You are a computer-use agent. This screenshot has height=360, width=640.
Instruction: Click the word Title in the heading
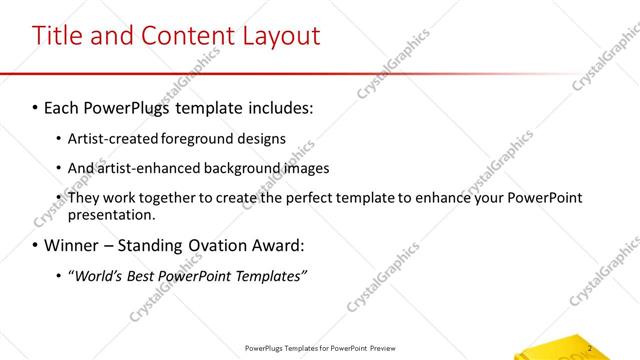tap(62, 36)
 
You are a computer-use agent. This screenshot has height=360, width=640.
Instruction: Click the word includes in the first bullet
tap(281, 106)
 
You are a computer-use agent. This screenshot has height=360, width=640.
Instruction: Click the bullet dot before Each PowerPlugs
tap(35, 106)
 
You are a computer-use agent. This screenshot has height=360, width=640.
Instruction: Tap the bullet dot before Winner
tap(35, 245)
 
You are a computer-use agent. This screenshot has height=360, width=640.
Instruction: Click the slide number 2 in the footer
tap(591, 348)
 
